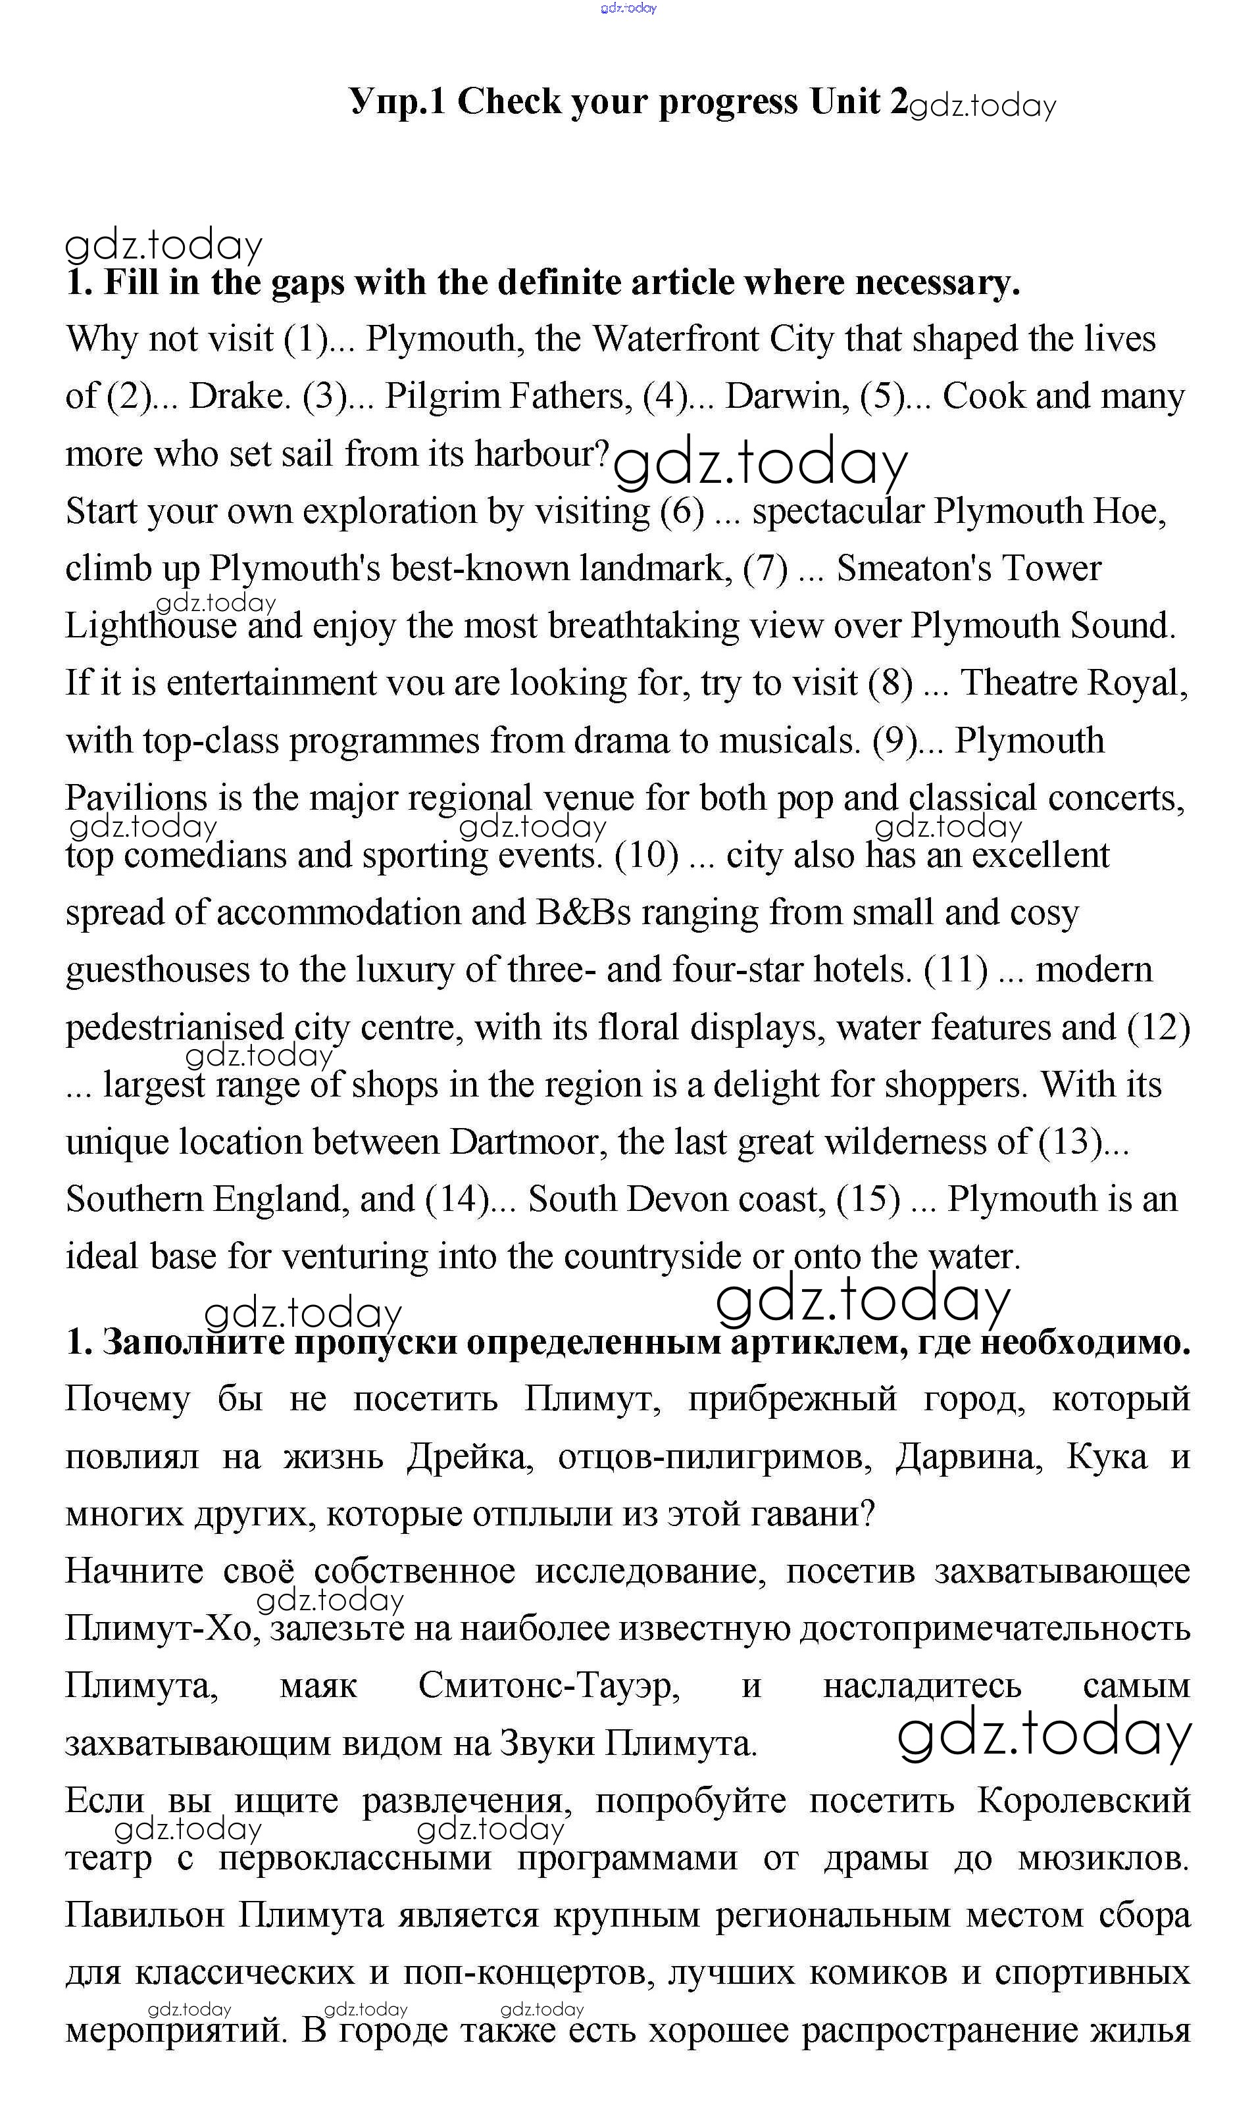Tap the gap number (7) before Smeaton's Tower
tap(765, 568)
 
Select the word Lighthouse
tap(151, 626)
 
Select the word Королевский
tap(1084, 1800)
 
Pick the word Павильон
tap(145, 1915)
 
